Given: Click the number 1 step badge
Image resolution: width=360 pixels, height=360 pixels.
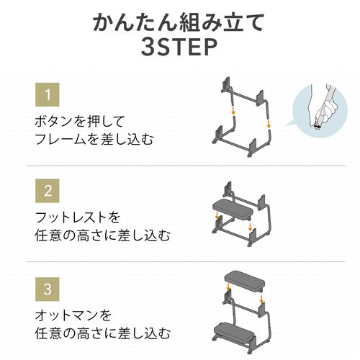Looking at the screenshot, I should coord(48,94).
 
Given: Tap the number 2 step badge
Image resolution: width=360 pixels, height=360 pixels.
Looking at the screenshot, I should coord(48,192).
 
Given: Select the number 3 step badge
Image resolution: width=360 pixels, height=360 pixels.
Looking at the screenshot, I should coord(48,291).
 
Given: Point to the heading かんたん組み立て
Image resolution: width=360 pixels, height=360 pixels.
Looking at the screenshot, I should coord(180,22).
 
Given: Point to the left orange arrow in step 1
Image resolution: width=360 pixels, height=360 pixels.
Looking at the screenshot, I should coord(233,113).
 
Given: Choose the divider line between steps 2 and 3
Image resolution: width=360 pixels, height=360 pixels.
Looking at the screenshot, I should coord(180,261).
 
